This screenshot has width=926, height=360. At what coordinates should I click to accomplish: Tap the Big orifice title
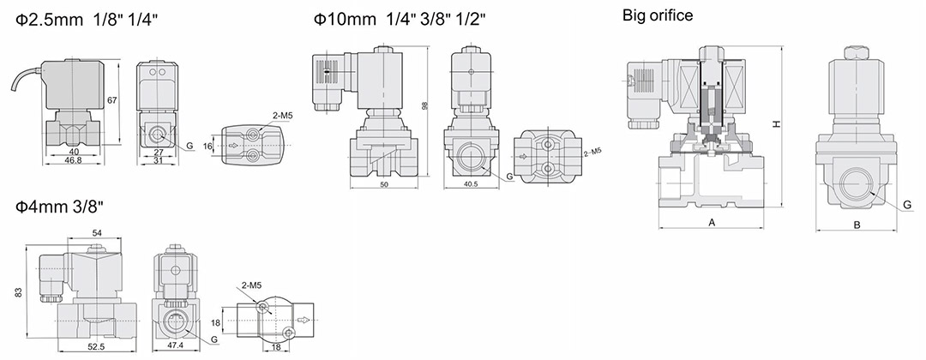pyautogui.click(x=658, y=15)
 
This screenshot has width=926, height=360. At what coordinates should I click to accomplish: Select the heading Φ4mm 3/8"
pyautogui.click(x=60, y=207)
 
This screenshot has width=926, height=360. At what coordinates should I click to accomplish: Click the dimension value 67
pyautogui.click(x=112, y=99)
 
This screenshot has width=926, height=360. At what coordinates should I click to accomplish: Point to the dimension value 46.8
pyautogui.click(x=74, y=160)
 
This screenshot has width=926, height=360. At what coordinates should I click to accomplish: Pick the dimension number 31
pyautogui.click(x=159, y=160)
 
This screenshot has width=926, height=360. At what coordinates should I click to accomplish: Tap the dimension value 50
pyautogui.click(x=384, y=185)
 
